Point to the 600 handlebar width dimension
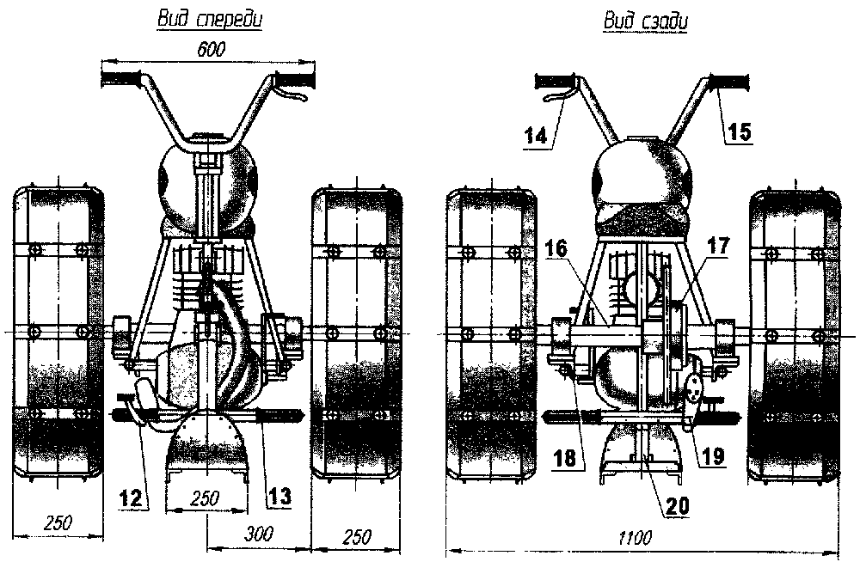coord(212,49)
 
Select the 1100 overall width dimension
coord(636,538)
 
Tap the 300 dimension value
coord(258,534)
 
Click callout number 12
coord(132,498)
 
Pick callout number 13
coord(279,497)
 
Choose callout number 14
coord(536,135)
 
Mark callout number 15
coord(740,131)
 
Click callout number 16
coord(556,248)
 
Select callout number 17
coord(718,246)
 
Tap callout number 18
coord(565,458)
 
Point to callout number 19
coord(713,456)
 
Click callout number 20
coord(678,505)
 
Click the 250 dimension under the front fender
coord(206,498)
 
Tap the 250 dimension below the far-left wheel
coord(58,522)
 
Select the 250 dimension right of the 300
coord(357,536)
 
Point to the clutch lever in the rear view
coord(556,95)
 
